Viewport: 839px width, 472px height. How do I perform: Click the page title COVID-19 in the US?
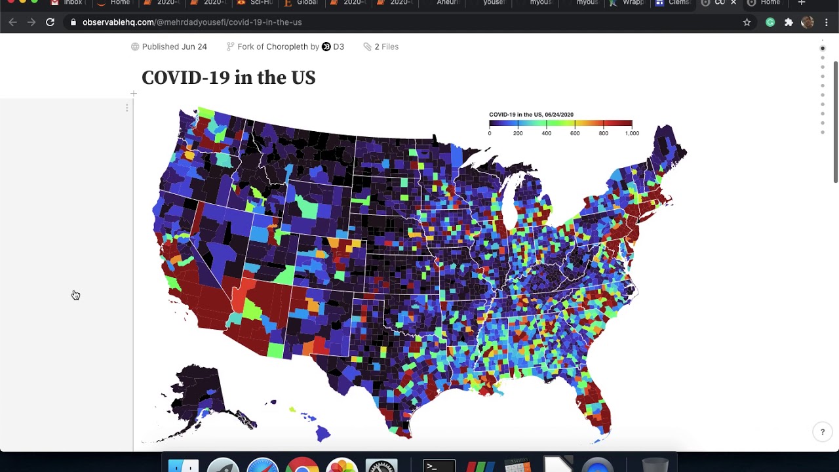[x=228, y=77]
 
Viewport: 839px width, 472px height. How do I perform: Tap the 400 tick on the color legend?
[x=547, y=133]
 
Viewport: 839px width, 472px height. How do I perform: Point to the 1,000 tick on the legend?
[x=632, y=133]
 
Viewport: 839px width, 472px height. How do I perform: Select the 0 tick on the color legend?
[x=490, y=133]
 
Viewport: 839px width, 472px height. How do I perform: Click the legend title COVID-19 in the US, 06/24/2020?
[x=531, y=115]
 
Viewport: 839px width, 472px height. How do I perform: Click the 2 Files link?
[x=386, y=47]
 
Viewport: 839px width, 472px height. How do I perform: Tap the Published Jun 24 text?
[x=174, y=47]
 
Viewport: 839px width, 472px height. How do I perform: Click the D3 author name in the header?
[x=338, y=47]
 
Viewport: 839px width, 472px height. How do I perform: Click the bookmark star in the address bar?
[x=747, y=22]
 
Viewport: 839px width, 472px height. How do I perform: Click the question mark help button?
[x=823, y=431]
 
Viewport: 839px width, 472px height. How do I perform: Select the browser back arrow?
[x=13, y=22]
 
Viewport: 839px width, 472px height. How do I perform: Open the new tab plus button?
[x=801, y=3]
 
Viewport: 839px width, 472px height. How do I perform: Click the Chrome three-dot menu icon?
[x=826, y=22]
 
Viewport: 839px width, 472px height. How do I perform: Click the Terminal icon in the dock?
[x=439, y=466]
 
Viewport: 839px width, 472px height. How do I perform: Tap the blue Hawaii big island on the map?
[x=322, y=433]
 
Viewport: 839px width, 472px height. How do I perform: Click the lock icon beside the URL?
[x=73, y=22]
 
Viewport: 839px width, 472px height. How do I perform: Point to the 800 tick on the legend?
[x=603, y=133]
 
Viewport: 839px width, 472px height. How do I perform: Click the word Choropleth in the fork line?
[x=286, y=47]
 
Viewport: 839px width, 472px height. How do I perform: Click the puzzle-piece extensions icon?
[x=789, y=22]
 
